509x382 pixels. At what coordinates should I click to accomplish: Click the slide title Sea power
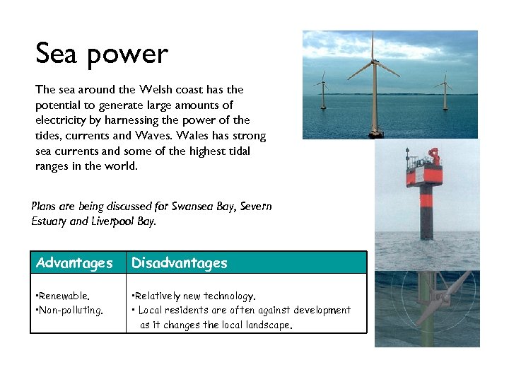click(x=102, y=54)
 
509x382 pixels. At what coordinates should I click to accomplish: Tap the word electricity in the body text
click(x=59, y=120)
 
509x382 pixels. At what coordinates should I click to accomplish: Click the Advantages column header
click(x=74, y=263)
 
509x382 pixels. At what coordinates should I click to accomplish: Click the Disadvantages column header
click(x=180, y=263)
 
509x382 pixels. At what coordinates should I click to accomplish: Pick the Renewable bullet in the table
click(x=64, y=296)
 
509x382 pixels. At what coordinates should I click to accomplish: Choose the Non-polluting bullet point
click(x=69, y=310)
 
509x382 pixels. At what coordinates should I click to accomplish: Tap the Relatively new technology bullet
click(x=194, y=296)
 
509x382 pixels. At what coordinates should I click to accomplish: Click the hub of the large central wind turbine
click(x=373, y=62)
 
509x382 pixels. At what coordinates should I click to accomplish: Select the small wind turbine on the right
click(x=445, y=88)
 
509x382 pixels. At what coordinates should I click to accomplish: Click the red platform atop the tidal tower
click(x=423, y=170)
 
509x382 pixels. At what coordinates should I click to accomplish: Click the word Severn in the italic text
click(x=256, y=207)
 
